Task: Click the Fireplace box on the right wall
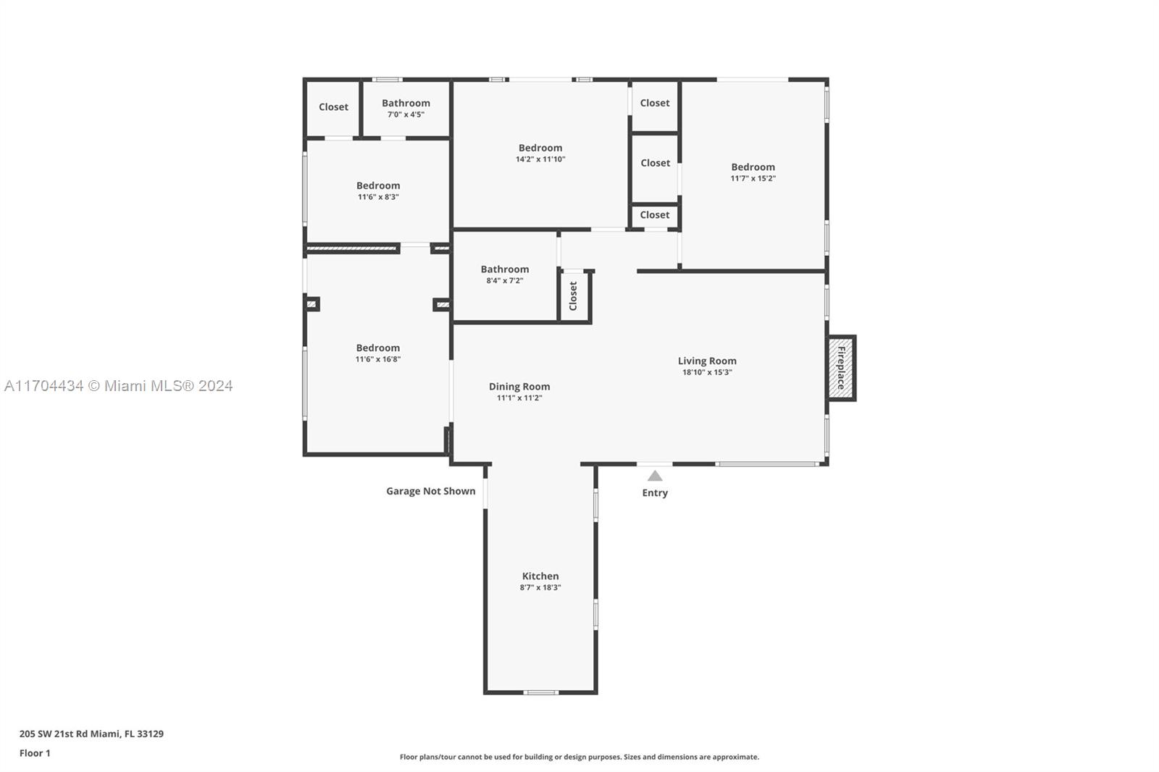[841, 368]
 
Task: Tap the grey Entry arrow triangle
[655, 476]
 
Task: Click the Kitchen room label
[540, 576]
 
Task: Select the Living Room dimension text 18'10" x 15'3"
[707, 372]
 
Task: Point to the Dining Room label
[519, 387]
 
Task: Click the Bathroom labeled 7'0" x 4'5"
[406, 108]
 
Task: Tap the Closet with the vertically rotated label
[574, 296]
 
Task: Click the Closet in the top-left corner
[333, 107]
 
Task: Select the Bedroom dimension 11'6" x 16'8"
[377, 359]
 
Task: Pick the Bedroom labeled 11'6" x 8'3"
[378, 190]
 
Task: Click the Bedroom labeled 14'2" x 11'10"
[540, 153]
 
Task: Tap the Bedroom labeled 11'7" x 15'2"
[753, 172]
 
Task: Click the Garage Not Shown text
[430, 491]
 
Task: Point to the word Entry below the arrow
[655, 493]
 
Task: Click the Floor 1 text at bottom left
[35, 753]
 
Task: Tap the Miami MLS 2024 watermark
[118, 386]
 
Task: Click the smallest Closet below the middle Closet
[655, 215]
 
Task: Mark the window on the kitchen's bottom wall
[541, 692]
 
